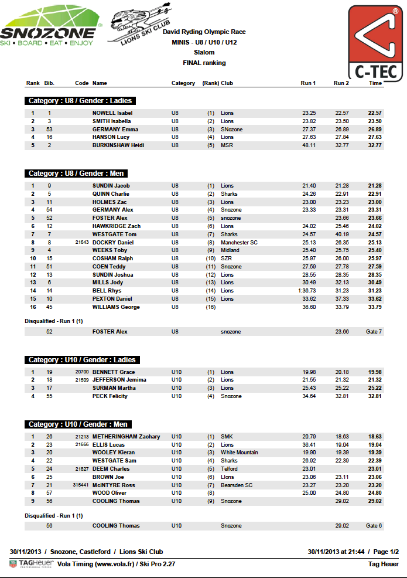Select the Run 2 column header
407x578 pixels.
click(341, 83)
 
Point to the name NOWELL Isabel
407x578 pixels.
click(112, 113)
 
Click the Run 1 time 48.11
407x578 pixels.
click(309, 145)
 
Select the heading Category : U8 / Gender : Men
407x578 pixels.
click(76, 174)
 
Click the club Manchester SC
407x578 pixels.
click(239, 242)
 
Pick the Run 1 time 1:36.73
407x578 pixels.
click(307, 291)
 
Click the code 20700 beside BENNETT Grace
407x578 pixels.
click(81, 372)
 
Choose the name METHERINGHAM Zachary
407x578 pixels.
click(126, 437)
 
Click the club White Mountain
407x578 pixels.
click(239, 453)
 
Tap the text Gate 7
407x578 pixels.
click(374, 332)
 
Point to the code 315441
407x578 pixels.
click(80, 485)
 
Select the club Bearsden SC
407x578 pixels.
click(237, 485)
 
